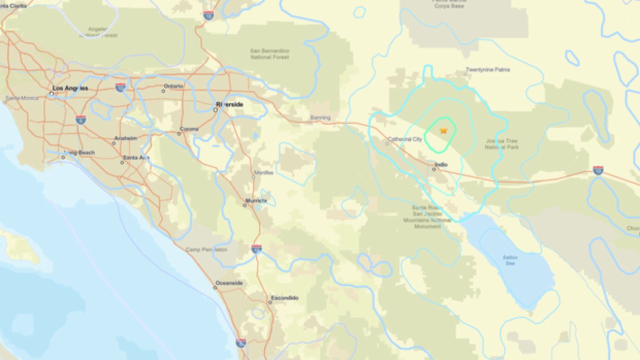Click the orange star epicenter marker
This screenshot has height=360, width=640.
pyautogui.click(x=443, y=130)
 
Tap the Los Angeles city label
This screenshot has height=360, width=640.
pyautogui.click(x=70, y=88)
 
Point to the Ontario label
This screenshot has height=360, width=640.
pyautogui.click(x=173, y=86)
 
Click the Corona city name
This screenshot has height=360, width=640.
pyautogui.click(x=189, y=129)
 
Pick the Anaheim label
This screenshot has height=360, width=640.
pyautogui.click(x=125, y=139)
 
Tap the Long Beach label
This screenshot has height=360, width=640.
pyautogui.click(x=80, y=152)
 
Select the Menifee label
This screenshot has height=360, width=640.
pyautogui.click(x=263, y=172)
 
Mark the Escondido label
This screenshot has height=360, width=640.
pyautogui.click(x=284, y=298)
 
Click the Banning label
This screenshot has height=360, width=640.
pyautogui.click(x=320, y=118)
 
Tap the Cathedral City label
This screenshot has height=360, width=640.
pyautogui.click(x=405, y=139)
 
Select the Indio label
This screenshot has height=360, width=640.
pyautogui.click(x=441, y=164)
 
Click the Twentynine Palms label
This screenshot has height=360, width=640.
pyautogui.click(x=487, y=69)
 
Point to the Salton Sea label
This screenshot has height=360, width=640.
pyautogui.click(x=510, y=260)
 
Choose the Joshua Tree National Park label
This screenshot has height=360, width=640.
pyautogui.click(x=501, y=144)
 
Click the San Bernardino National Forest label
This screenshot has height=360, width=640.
pyautogui.click(x=269, y=53)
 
